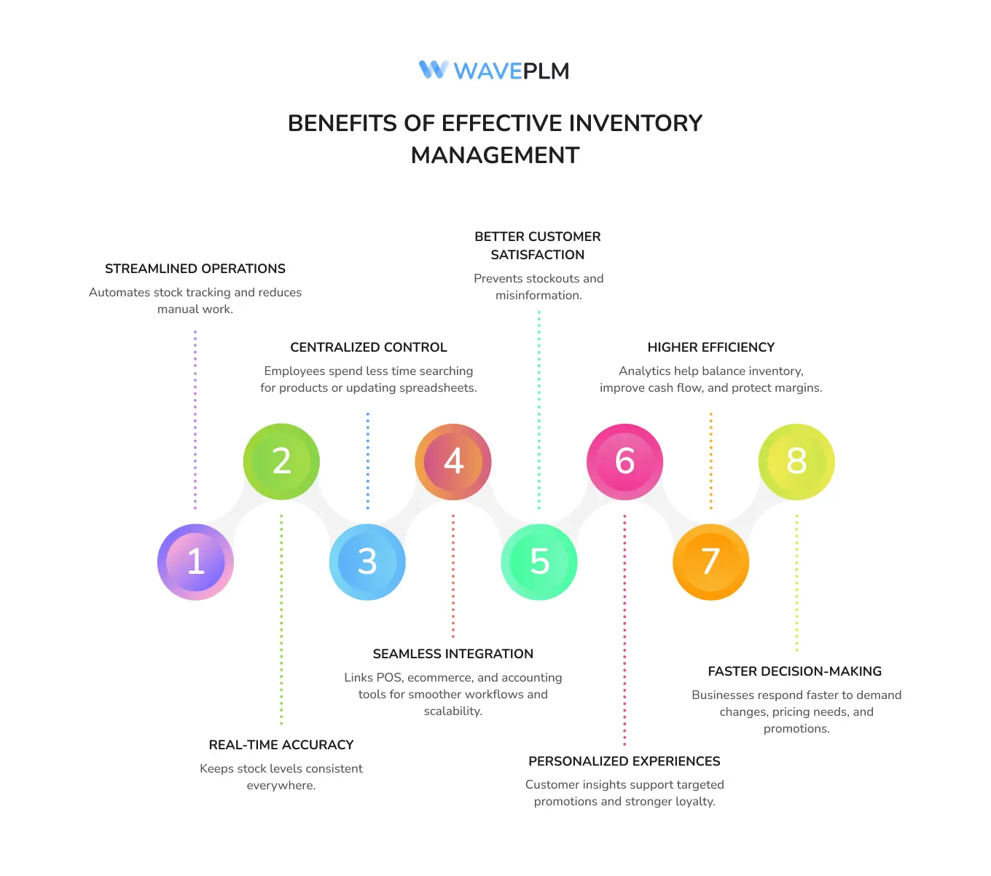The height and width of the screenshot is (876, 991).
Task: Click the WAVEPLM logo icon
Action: (433, 70)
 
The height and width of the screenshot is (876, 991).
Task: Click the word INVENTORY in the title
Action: (635, 123)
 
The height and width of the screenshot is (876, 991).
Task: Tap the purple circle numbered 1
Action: (195, 562)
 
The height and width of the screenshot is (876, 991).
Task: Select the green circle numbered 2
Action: (281, 462)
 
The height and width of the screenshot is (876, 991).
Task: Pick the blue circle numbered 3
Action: (367, 562)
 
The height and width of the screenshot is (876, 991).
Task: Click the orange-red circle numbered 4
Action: (453, 462)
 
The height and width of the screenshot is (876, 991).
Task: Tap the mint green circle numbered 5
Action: (539, 562)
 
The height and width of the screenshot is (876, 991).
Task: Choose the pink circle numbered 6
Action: (624, 462)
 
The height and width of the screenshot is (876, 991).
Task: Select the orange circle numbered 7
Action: (710, 562)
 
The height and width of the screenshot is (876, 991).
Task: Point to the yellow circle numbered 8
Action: (796, 462)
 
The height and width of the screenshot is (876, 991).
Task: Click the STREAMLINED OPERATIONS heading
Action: (195, 269)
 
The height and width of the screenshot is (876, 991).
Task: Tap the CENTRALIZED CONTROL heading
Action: (369, 347)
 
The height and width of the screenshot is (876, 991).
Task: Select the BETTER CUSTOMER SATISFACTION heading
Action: (538, 245)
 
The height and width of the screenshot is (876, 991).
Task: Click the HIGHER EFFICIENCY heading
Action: (710, 347)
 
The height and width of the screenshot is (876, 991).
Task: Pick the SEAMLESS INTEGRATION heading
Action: (453, 654)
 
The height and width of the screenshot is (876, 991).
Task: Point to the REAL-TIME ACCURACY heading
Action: (281, 745)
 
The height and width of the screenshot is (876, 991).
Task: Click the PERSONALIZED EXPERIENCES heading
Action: (624, 761)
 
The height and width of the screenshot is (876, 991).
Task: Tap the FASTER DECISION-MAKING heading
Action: (795, 671)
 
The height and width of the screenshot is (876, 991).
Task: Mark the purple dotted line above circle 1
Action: (195, 419)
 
